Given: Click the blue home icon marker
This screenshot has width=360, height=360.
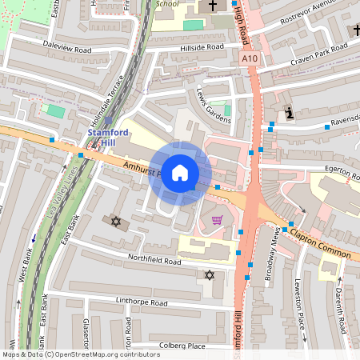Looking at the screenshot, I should pyautogui.click(x=180, y=172).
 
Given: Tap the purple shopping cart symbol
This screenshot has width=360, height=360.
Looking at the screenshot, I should pyautogui.click(x=217, y=220).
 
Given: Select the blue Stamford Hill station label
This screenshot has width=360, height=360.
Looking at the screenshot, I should pyautogui.click(x=108, y=137).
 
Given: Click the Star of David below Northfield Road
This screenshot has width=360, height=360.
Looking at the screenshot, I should pyautogui.click(x=210, y=275).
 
